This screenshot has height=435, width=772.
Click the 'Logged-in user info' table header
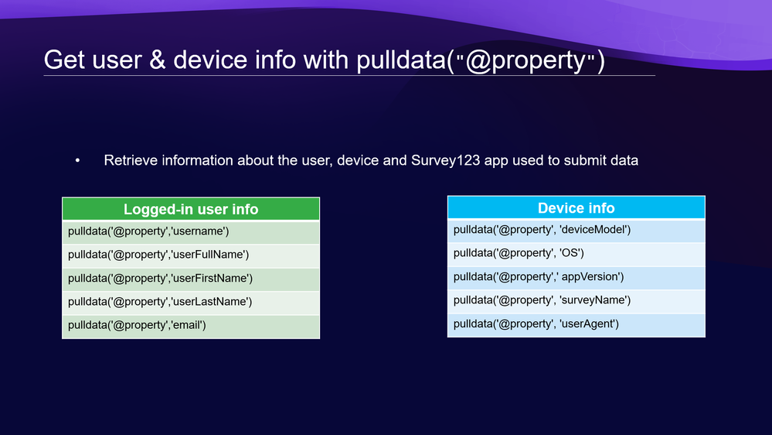click(x=191, y=209)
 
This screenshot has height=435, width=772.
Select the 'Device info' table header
click(x=576, y=207)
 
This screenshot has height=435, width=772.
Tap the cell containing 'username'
click(x=191, y=231)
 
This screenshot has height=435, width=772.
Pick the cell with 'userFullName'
click(x=191, y=255)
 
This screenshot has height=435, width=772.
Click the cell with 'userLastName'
click(x=191, y=303)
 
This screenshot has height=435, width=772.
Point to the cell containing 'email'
click(x=191, y=327)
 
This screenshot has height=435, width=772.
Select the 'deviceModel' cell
click(x=576, y=231)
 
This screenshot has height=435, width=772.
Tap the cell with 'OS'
click(x=576, y=254)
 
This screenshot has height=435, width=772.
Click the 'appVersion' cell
click(x=576, y=278)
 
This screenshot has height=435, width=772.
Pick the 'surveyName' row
click(x=576, y=301)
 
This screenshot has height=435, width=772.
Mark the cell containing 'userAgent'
click(x=576, y=325)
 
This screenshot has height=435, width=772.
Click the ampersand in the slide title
click(x=157, y=60)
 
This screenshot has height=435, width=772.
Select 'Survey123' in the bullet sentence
click(x=446, y=160)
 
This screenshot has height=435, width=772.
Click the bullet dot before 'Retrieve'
click(x=77, y=160)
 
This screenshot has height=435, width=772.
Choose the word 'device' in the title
click(x=210, y=60)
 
